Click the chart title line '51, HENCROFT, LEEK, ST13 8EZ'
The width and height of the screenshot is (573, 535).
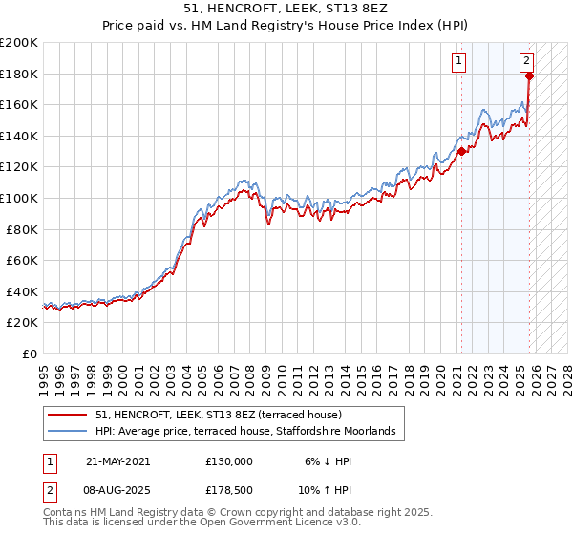pos(286,10)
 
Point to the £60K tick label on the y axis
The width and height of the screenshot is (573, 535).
pos(22,260)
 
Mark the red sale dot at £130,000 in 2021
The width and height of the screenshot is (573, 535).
pos(461,151)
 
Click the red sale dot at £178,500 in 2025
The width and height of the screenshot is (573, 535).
pos(529,75)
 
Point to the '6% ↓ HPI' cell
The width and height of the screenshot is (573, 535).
pos(326,460)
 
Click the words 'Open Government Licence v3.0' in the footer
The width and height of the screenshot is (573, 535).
pos(276,523)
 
